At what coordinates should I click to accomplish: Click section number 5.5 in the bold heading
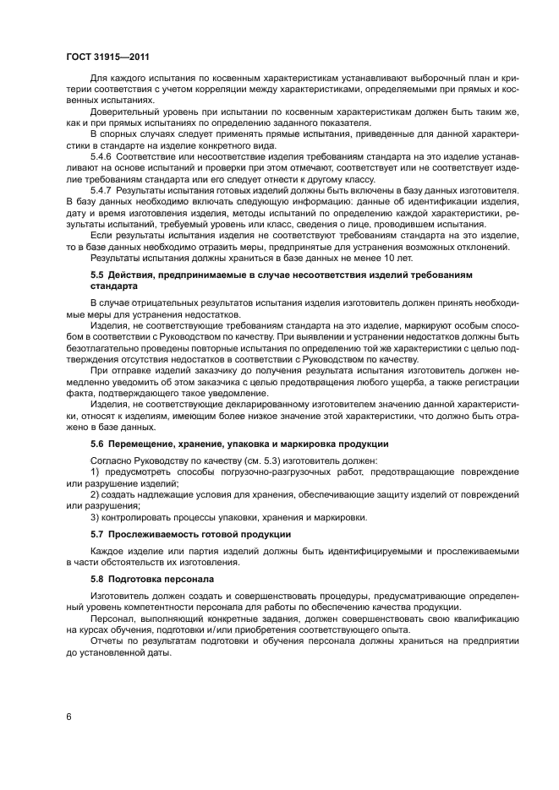point(97,276)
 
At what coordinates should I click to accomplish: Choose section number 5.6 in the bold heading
point(97,444)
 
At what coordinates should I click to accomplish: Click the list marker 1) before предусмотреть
point(95,471)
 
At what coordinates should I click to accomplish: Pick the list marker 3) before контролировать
point(95,516)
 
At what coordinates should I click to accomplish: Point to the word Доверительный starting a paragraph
point(123,112)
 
